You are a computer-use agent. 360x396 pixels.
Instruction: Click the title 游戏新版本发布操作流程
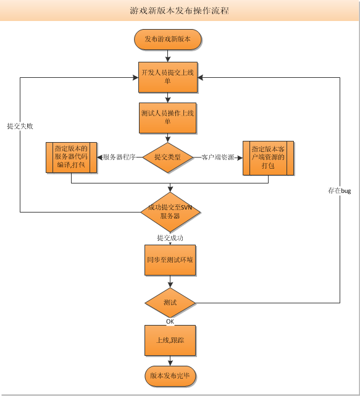coord(180,11)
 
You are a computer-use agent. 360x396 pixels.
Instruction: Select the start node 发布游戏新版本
coord(167,40)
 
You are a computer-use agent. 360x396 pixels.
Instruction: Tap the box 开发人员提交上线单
coord(168,77)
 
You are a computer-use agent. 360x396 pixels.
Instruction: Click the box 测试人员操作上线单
coord(167,118)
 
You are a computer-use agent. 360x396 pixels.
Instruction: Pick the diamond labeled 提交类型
coord(167,158)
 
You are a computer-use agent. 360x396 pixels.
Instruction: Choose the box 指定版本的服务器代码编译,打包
coord(71,158)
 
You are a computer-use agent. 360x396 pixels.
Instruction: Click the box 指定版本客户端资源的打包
coord(268,158)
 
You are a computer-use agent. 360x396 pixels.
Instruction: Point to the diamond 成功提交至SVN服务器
coord(170,212)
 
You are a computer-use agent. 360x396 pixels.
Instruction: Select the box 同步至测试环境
coord(170,260)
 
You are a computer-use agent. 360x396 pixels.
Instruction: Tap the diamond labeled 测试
coord(170,303)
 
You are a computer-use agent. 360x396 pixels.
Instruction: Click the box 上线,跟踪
coord(170,340)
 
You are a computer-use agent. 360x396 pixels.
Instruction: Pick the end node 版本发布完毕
coord(170,376)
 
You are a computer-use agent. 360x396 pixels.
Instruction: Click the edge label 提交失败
coord(20,126)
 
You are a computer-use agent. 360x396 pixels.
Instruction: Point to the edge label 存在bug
coord(339,191)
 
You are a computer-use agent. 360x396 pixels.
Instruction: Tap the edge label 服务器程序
coord(119,157)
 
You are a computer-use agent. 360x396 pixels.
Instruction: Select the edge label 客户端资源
coord(217,157)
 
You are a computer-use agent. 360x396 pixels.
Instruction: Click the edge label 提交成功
coord(170,238)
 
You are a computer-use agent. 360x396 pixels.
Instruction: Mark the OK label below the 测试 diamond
coord(170,321)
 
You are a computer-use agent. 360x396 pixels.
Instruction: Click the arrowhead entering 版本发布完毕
coord(170,363)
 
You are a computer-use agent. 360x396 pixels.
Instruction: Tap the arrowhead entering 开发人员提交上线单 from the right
coord(201,78)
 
